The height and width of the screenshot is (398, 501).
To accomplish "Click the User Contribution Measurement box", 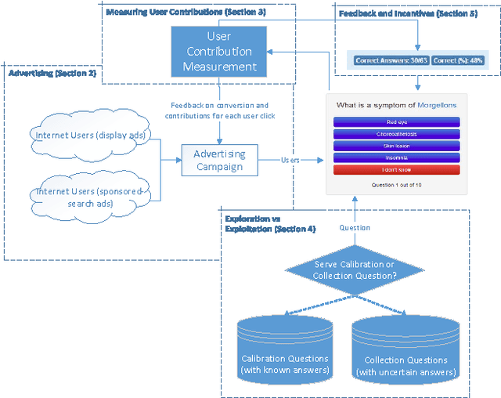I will pyautogui.click(x=219, y=52).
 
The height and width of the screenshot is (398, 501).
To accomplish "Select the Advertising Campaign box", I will pyautogui.click(x=219, y=160).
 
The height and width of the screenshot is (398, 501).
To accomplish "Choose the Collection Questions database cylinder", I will pyautogui.click(x=405, y=350).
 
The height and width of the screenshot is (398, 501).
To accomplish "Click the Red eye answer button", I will pyautogui.click(x=396, y=122).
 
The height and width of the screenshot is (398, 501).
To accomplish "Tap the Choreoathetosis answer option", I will pyautogui.click(x=396, y=134).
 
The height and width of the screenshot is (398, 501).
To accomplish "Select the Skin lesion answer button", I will pyautogui.click(x=396, y=146).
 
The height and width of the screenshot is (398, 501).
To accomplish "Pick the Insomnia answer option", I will pyautogui.click(x=396, y=157).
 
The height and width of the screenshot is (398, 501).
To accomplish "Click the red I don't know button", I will pyautogui.click(x=396, y=169).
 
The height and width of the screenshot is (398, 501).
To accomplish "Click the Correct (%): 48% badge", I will pyautogui.click(x=458, y=60).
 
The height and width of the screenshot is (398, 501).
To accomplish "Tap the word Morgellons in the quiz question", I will pyautogui.click(x=437, y=104).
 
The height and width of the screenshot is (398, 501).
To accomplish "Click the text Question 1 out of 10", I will pyautogui.click(x=396, y=184).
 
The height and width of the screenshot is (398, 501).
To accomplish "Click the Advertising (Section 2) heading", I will pyautogui.click(x=52, y=73).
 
